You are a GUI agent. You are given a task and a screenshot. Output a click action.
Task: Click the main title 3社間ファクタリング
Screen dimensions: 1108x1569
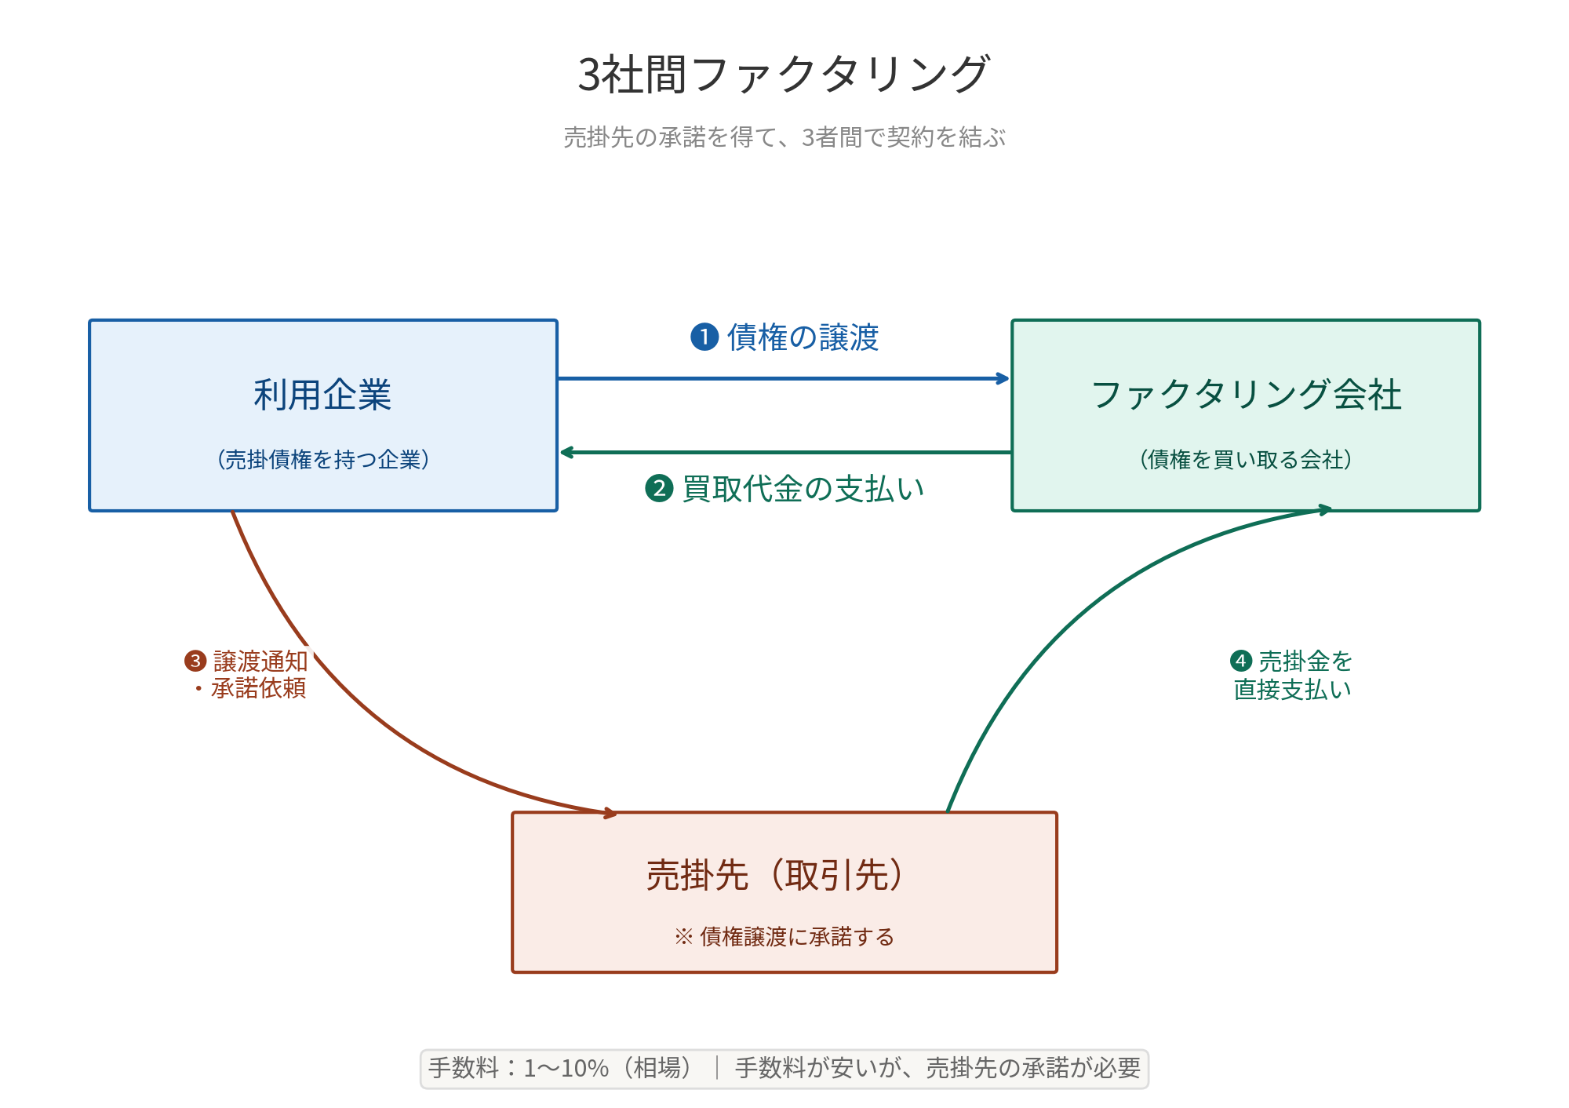[x=784, y=75]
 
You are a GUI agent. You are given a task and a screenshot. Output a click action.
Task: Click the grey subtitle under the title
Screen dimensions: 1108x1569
[x=784, y=137]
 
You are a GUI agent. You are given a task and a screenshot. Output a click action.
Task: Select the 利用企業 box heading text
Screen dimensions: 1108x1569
[x=322, y=395]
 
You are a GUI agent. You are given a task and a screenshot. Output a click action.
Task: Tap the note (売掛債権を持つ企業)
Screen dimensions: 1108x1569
[x=322, y=460]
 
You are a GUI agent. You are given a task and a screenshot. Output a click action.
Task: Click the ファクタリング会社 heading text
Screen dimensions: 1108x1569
[x=1246, y=395]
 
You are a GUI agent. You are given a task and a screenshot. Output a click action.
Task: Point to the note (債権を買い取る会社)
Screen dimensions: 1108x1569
[x=1246, y=460]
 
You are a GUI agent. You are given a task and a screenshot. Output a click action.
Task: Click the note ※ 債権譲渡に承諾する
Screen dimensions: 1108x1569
[x=784, y=937]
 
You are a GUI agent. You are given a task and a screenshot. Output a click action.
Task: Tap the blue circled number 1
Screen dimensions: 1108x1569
[x=704, y=337]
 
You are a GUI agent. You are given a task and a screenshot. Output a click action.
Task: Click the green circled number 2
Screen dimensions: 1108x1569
[x=659, y=489]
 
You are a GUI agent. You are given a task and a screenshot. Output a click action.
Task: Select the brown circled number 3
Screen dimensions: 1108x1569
[x=195, y=661]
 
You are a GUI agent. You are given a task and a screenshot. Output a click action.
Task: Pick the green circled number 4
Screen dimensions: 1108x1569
[x=1241, y=661]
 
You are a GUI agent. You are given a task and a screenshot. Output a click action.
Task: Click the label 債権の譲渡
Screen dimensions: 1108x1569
[x=803, y=337]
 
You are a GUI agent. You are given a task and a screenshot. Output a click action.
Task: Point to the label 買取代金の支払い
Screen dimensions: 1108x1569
[x=803, y=489]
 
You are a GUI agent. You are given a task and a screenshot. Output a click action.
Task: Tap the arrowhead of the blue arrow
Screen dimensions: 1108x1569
[x=1004, y=378]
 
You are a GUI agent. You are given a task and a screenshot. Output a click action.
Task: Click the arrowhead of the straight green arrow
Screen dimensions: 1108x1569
[x=566, y=453]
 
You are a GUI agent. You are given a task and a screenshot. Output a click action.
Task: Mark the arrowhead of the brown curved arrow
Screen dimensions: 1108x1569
[x=610, y=813]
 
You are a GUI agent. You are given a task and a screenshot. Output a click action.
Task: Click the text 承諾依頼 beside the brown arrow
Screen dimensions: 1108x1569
[x=258, y=688]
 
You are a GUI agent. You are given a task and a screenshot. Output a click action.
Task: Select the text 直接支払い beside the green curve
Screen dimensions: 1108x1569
[x=1292, y=690]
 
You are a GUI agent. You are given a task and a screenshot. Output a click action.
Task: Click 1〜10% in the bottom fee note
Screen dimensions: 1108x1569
[x=566, y=1068]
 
